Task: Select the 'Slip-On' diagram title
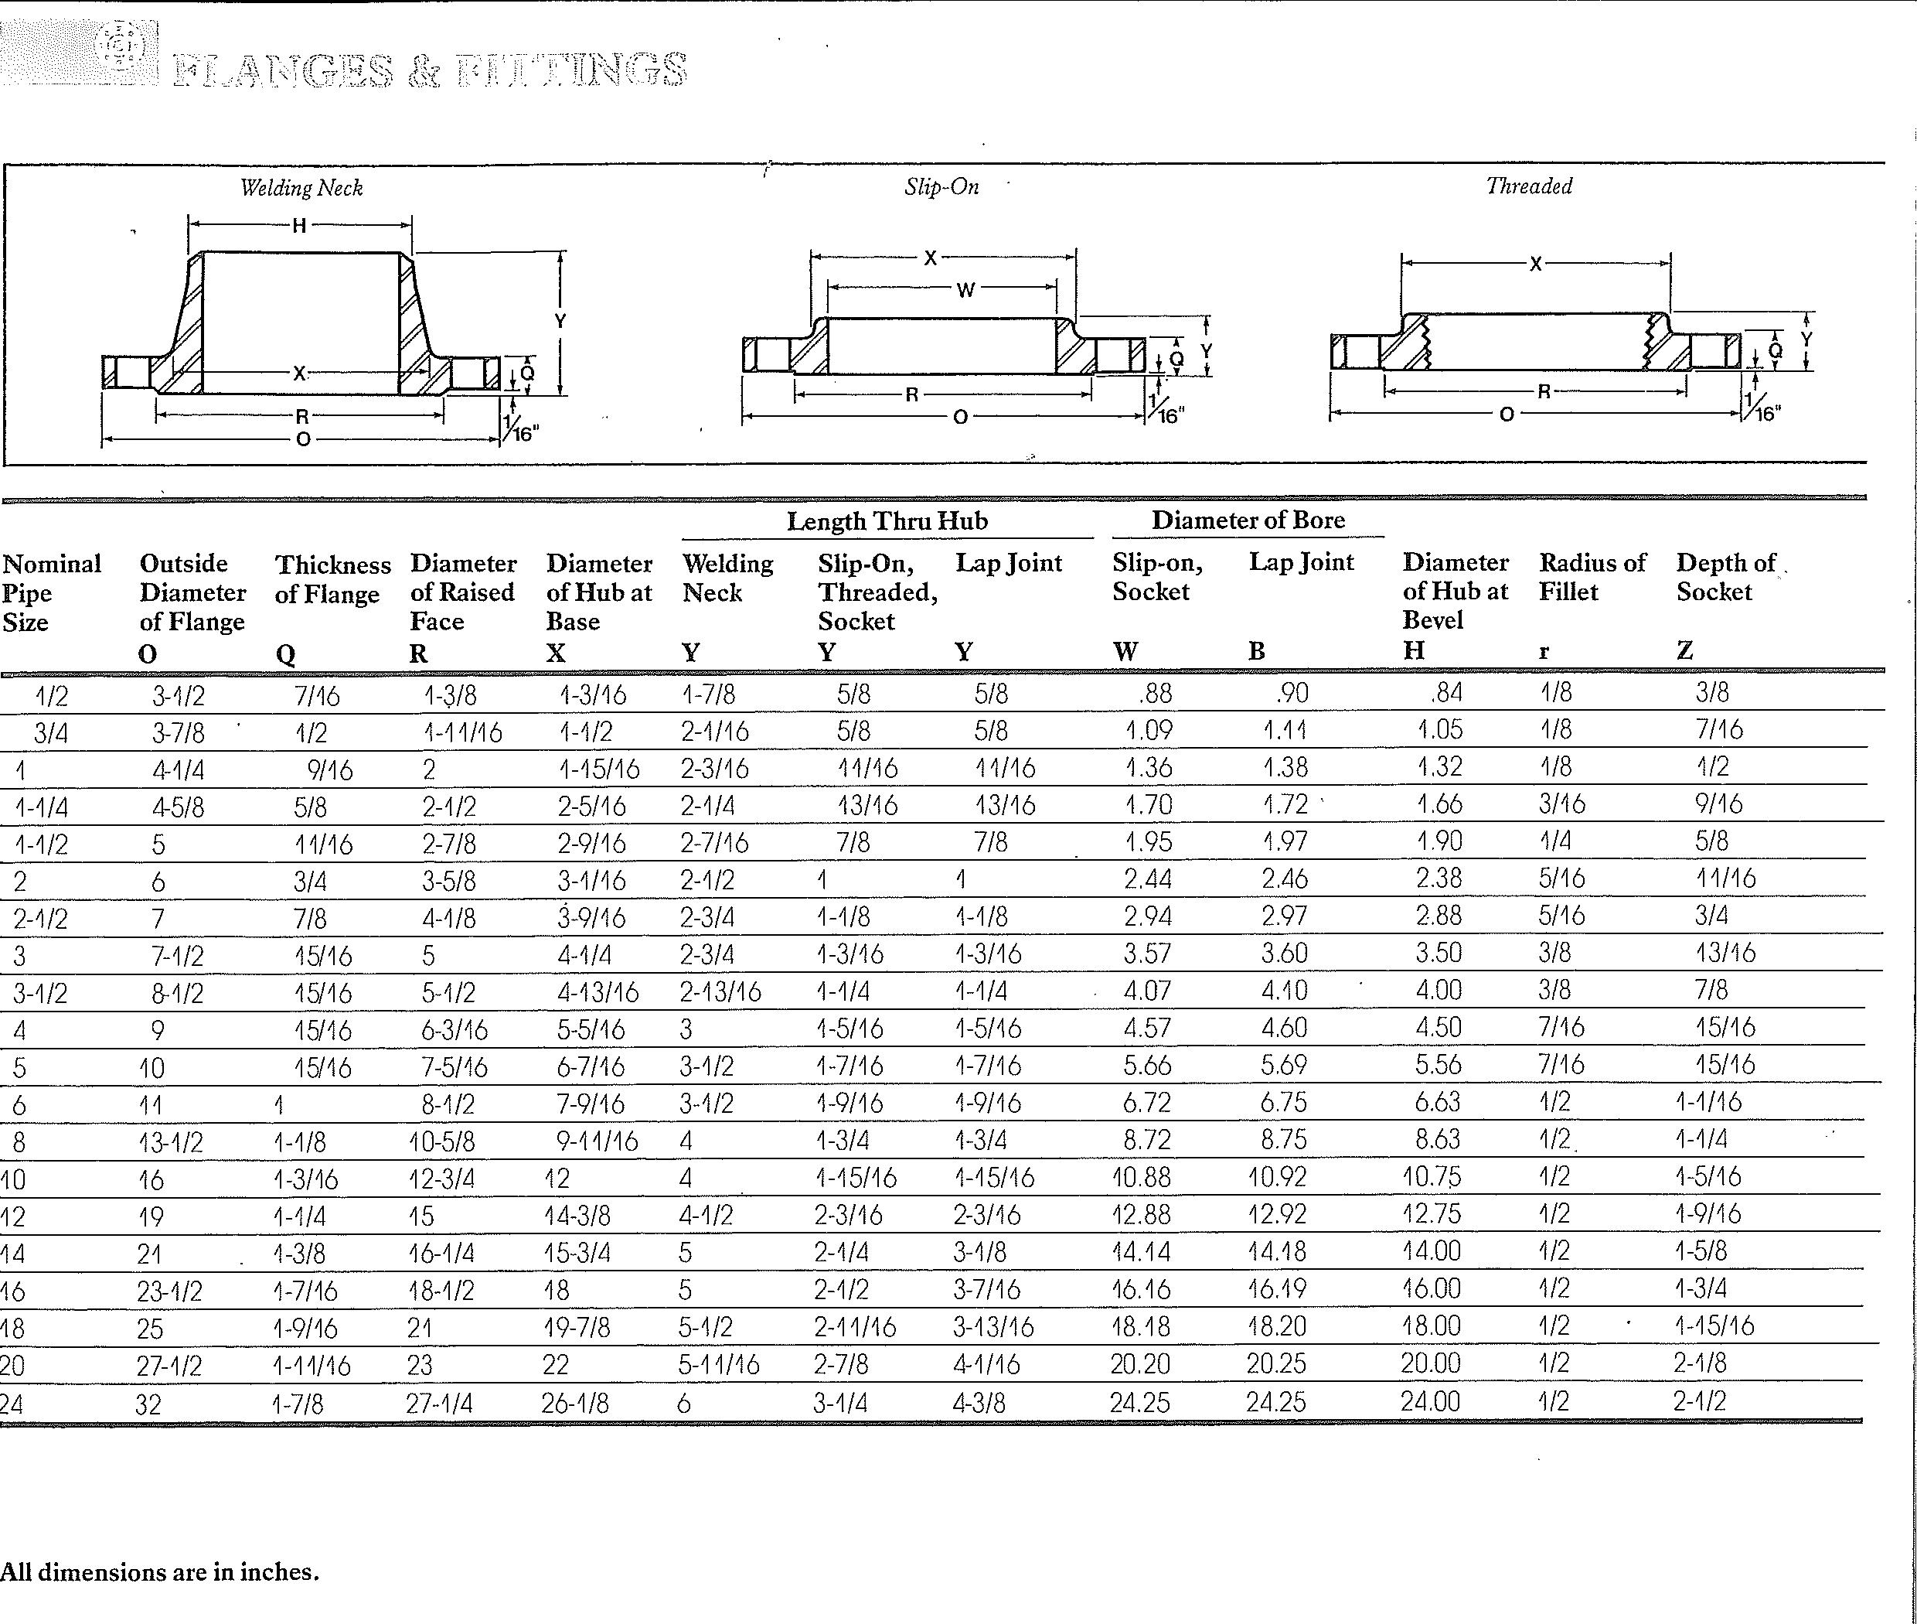point(941,187)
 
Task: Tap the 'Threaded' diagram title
point(1529,186)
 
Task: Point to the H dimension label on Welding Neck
point(299,226)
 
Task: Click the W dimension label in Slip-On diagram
point(965,291)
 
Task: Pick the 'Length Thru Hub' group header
point(887,521)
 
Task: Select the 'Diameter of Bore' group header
point(1248,520)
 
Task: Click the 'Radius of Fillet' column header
point(1592,577)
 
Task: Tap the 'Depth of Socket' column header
point(1725,577)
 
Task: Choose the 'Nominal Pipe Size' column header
point(52,592)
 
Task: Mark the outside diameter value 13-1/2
point(170,1142)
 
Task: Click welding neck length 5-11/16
point(719,1365)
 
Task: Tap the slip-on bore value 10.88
point(1140,1178)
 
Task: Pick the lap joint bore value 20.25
point(1276,1364)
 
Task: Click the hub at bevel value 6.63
point(1438,1103)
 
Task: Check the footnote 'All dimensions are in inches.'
point(159,1572)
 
